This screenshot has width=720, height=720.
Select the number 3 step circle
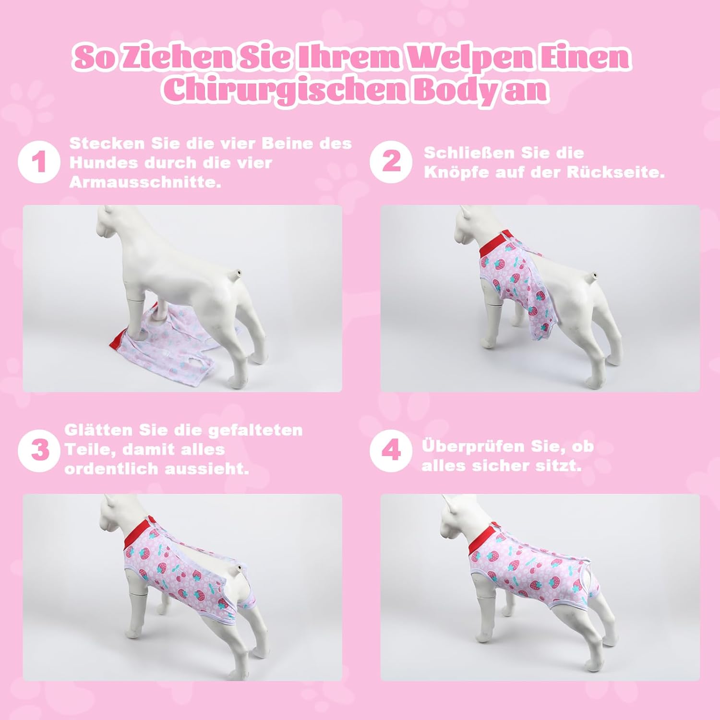(x=39, y=451)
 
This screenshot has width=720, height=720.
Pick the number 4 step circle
(x=391, y=451)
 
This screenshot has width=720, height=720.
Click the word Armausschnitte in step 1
(x=145, y=182)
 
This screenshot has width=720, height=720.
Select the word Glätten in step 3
(x=99, y=430)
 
